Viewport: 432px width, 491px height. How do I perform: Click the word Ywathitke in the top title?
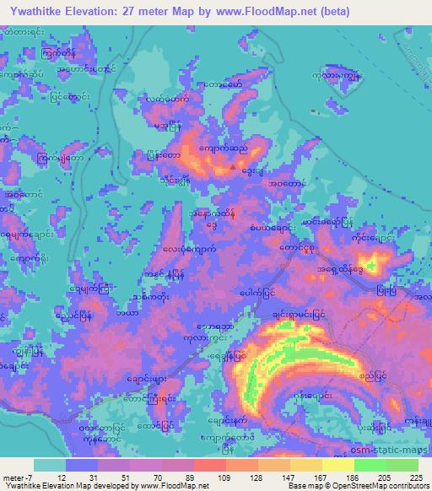(x=41, y=10)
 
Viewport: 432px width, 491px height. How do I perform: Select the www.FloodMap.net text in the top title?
(x=272, y=10)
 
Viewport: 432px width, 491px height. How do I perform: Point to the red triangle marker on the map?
(x=234, y=166)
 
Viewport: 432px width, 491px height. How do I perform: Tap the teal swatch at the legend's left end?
(x=49, y=464)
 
